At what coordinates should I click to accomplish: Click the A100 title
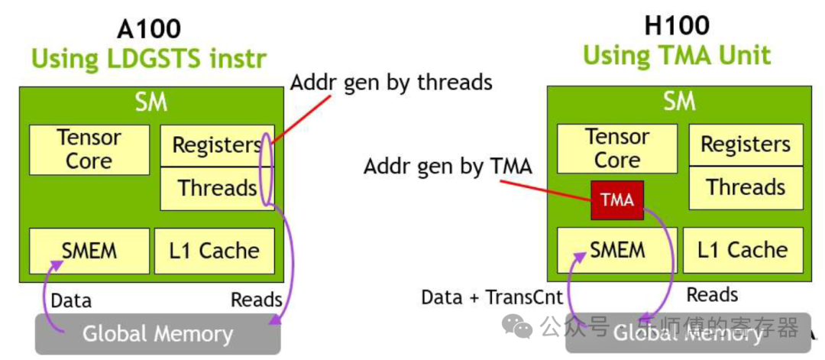pos(149,29)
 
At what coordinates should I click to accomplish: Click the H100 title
pos(677,26)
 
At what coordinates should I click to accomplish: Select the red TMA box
pos(617,199)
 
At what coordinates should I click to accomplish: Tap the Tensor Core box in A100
pos(89,150)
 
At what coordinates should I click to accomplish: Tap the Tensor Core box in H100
pos(617,149)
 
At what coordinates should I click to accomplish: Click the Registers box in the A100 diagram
pos(217,145)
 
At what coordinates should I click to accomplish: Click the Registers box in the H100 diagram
pos(746,144)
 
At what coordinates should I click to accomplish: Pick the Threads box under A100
pos(217,188)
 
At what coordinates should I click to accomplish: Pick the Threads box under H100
pos(746,187)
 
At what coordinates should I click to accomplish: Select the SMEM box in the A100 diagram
pos(89,251)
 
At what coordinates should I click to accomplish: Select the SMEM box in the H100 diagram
pos(617,250)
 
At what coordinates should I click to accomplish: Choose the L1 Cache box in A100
pos(215,251)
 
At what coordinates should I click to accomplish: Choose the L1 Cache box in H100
pos(742,250)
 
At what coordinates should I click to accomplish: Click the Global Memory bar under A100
pos(158,334)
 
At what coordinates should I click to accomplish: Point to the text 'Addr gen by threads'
pos(391,83)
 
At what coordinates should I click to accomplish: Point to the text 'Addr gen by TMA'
pos(448,167)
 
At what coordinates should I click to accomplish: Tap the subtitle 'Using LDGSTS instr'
pos(149,58)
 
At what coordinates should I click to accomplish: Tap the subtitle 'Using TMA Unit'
pos(677,55)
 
